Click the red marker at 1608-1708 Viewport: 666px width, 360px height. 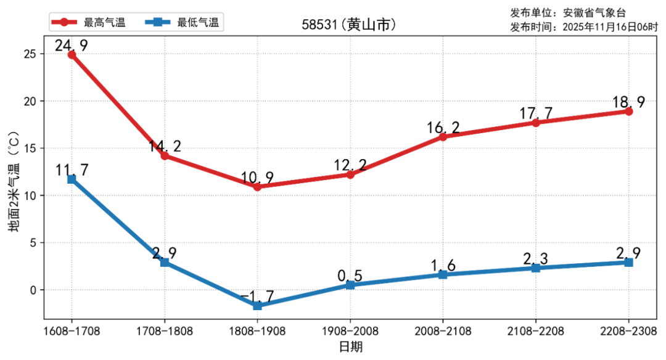point(72,55)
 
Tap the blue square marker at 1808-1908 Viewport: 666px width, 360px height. point(257,306)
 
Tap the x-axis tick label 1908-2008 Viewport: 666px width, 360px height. point(350,331)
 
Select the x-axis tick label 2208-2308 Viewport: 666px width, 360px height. point(628,331)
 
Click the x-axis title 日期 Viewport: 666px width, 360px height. point(350,347)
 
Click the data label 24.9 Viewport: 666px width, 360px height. point(71,45)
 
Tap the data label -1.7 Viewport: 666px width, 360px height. point(257,297)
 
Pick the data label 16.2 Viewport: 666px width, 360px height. point(443,128)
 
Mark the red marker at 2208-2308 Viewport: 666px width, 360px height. point(628,112)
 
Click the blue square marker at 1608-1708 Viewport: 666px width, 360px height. point(72,179)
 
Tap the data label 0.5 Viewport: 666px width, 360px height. point(350,276)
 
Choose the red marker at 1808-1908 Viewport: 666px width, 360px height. point(257,187)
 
